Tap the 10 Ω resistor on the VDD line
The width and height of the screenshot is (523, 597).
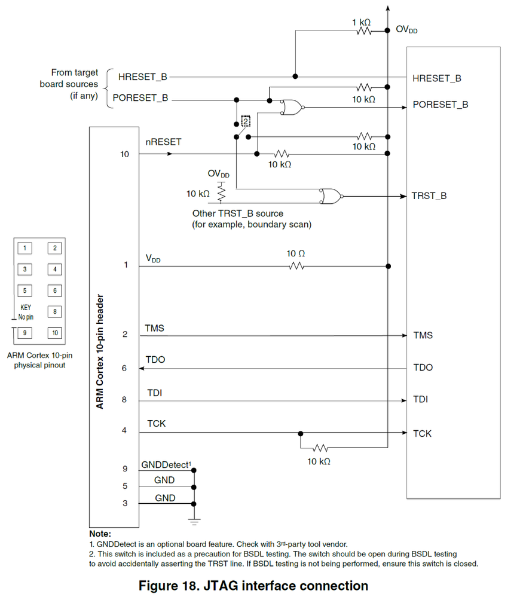[x=296, y=265]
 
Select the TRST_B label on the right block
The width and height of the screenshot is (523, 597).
[x=429, y=196]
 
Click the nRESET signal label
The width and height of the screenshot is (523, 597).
[x=163, y=142]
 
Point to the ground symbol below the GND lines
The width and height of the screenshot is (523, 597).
[x=194, y=522]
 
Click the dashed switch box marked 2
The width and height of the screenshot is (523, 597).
[x=245, y=121]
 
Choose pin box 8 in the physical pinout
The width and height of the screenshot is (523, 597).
[x=54, y=311]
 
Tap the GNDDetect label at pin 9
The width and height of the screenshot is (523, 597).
[x=166, y=464]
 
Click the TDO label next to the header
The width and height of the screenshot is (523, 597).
[x=155, y=360]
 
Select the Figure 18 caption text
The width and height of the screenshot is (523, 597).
[x=253, y=585]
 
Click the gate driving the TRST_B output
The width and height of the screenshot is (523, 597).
[x=331, y=195]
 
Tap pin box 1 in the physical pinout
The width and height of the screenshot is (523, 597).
[x=25, y=248]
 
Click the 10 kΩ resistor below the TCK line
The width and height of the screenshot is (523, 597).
[x=320, y=448]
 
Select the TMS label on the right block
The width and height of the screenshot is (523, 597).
[x=423, y=335]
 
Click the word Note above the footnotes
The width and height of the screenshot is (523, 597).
[x=100, y=533]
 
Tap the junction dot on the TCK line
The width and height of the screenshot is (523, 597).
[x=301, y=433]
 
